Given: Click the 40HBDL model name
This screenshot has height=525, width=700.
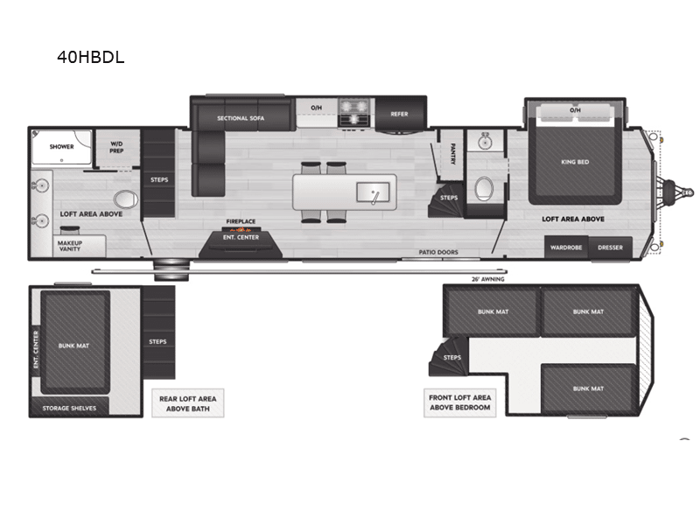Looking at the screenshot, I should pos(90,58).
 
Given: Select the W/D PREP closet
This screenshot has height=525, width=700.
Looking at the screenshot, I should pos(115,147).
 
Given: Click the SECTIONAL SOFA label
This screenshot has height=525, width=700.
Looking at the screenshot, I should pos(241,117).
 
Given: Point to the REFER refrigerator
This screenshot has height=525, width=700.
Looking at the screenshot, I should pos(399,114).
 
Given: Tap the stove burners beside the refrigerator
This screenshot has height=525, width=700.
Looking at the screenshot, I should pos(356,111).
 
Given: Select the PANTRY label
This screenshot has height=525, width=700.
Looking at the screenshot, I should pos(452,154).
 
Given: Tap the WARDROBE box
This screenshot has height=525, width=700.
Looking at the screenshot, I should pos(566,248).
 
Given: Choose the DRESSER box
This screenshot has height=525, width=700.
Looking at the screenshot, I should pos(610,248).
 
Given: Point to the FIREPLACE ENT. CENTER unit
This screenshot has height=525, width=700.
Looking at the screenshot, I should pos(241,236).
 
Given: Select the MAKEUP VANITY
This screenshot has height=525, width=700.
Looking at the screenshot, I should pos(69,245).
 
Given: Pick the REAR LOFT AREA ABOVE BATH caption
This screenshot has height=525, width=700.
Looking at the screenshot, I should pos(187,402).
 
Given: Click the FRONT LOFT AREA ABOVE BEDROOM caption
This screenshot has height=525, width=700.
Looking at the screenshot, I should pos(460,402).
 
